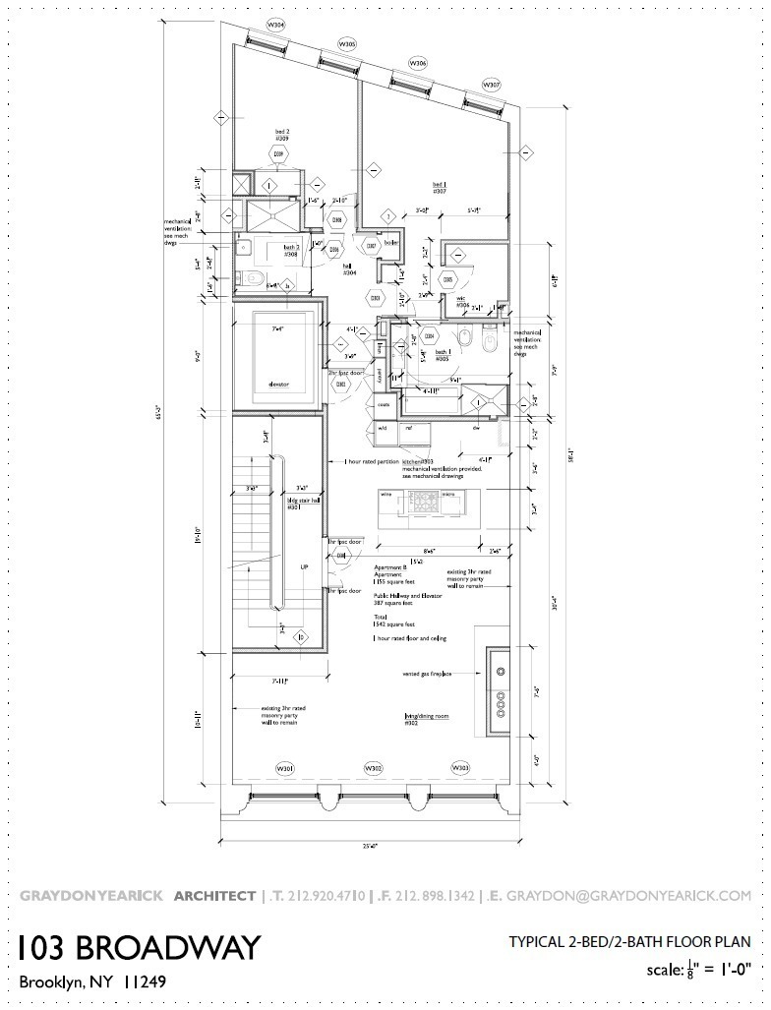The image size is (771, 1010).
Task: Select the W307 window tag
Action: tap(489, 85)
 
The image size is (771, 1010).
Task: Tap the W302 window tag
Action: tap(374, 767)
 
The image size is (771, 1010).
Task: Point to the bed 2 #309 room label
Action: tap(280, 135)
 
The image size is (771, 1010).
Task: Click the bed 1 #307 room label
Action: tap(440, 188)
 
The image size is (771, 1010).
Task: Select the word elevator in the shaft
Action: tap(278, 384)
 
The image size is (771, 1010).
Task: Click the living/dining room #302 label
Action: tap(426, 719)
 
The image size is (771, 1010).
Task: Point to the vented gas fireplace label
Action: tap(427, 674)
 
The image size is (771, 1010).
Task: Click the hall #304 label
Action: tap(349, 267)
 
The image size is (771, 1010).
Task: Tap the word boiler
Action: tap(390, 242)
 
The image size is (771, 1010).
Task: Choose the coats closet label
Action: tap(384, 404)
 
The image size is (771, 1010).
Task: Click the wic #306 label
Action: tap(462, 304)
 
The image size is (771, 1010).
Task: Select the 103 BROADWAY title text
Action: tap(139, 947)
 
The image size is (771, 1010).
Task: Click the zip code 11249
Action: tap(145, 981)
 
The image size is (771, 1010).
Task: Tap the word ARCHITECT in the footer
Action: tap(214, 896)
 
